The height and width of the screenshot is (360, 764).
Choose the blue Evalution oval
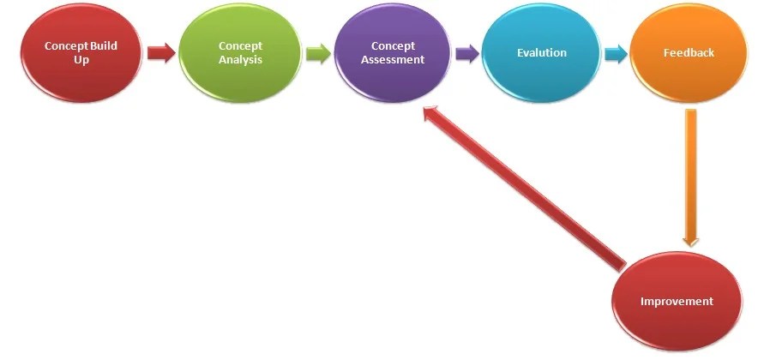tap(541, 53)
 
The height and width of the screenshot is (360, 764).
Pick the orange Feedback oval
tap(689, 53)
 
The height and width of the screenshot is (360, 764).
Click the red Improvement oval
tap(677, 302)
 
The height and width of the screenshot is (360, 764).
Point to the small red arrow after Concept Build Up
tap(161, 54)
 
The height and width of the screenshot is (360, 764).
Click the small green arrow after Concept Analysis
tap(317, 55)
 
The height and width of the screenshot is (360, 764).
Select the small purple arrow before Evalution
tap(467, 54)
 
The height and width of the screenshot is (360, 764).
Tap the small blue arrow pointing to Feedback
tap(615, 54)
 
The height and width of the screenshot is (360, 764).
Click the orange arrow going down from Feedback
tap(690, 176)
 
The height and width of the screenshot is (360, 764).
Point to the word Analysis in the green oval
tap(240, 60)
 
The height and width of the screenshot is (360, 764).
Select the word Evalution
tap(541, 53)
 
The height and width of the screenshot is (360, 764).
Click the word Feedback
tap(689, 53)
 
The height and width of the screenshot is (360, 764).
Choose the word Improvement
tap(677, 302)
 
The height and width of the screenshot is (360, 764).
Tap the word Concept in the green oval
tap(240, 46)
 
